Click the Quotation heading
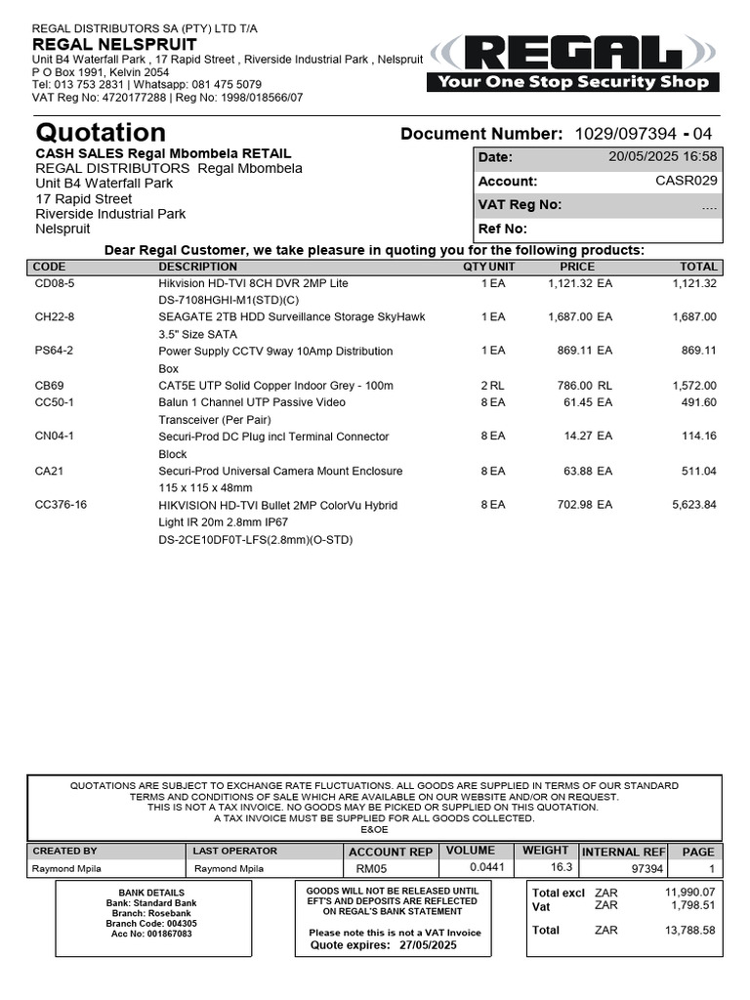[x=101, y=133]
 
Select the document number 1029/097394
[x=625, y=134]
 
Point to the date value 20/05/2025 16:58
[x=662, y=156]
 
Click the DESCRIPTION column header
[x=197, y=267]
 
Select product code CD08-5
[x=55, y=283]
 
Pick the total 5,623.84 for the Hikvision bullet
[x=694, y=505]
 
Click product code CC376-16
[x=61, y=505]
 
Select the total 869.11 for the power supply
[x=698, y=351]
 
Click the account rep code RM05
[x=371, y=869]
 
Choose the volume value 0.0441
[x=486, y=867]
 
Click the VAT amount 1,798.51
[x=690, y=905]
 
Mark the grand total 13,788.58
[x=689, y=931]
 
